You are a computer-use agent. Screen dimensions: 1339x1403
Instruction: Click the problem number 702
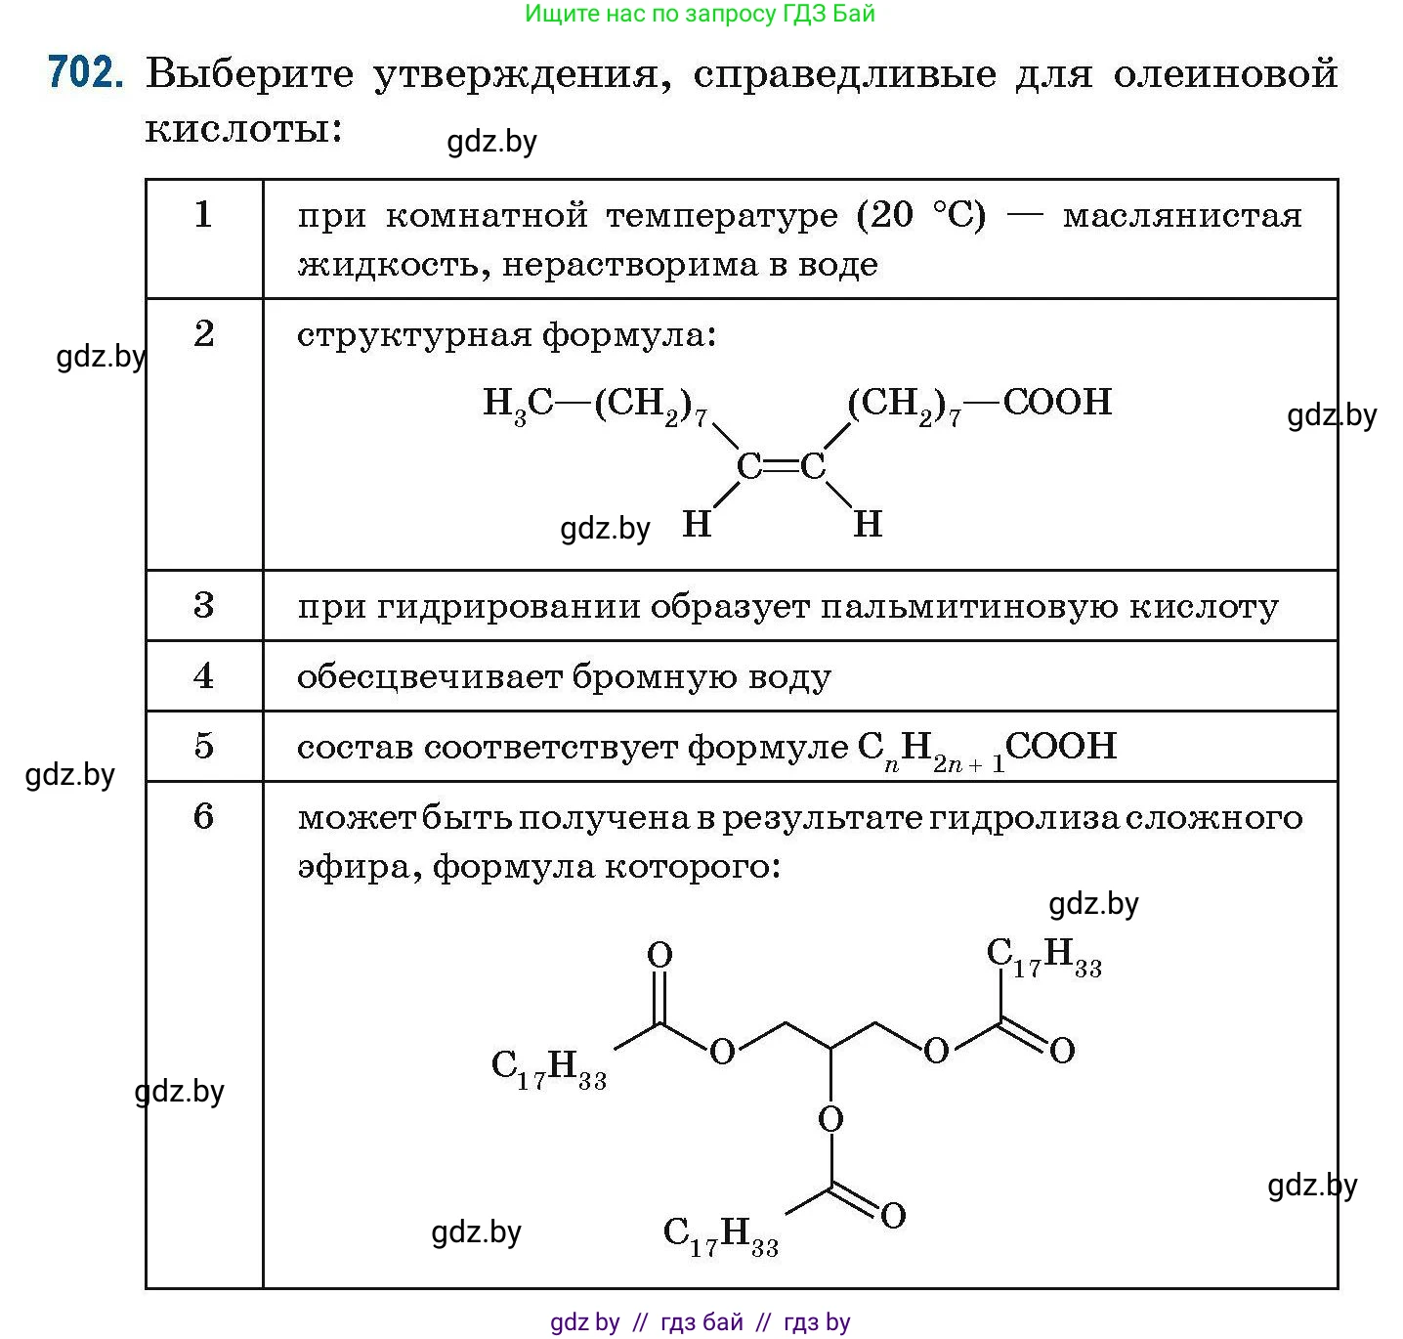coord(85,73)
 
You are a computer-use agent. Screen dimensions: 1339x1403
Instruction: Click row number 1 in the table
coord(203,214)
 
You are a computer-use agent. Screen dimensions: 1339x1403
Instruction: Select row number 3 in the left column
coord(203,606)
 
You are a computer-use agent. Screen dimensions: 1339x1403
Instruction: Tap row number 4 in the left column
coord(203,676)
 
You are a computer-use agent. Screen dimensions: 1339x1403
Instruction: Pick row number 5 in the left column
coord(203,747)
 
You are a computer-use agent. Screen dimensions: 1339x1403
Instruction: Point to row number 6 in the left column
coord(203,816)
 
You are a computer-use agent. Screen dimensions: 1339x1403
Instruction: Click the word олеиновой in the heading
coord(1225,74)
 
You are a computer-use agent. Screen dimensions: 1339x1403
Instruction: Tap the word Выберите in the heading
coord(249,74)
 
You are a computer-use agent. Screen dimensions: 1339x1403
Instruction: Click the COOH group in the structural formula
coord(1057,402)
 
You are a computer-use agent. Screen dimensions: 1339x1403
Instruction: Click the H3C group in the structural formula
coord(518,403)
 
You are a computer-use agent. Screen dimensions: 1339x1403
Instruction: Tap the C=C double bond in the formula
coord(781,468)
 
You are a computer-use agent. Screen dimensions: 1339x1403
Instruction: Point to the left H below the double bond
coord(697,525)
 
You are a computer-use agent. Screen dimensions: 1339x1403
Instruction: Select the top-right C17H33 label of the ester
coord(1043,956)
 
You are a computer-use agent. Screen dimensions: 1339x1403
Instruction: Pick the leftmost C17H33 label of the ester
coord(548,1067)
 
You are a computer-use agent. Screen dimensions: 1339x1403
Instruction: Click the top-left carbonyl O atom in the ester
coord(659,955)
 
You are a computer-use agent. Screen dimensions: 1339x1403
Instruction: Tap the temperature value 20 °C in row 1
coord(920,215)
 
